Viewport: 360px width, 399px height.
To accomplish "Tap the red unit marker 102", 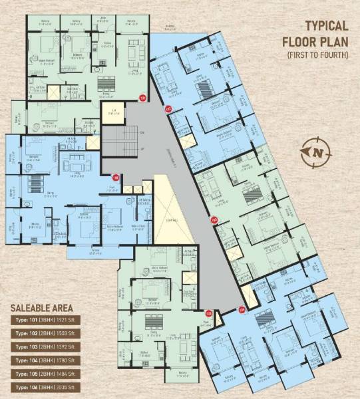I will tap(168, 109).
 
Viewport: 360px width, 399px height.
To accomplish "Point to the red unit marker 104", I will tap(242, 307).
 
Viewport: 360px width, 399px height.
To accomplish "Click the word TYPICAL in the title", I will tap(327, 27).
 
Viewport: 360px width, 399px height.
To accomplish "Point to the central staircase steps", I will tap(117, 140).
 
